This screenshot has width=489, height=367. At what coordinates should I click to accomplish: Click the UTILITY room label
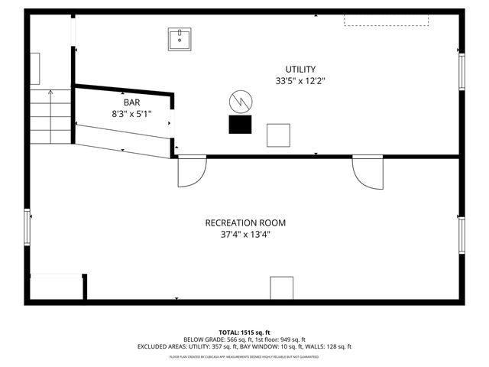300,69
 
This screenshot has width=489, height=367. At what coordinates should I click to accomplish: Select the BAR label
132,102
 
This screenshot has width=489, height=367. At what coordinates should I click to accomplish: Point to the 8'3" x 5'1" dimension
132,113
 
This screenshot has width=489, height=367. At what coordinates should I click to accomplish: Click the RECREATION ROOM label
245,223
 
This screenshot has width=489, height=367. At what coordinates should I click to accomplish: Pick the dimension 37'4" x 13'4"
245,235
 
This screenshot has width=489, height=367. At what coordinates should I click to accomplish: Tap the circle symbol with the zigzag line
239,101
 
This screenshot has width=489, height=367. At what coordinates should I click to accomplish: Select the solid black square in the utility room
241,125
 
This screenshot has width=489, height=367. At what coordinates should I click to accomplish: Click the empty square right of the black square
278,135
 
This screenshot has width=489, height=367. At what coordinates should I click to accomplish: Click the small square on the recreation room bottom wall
281,287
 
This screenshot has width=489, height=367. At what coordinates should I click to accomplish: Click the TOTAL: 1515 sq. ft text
244,333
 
